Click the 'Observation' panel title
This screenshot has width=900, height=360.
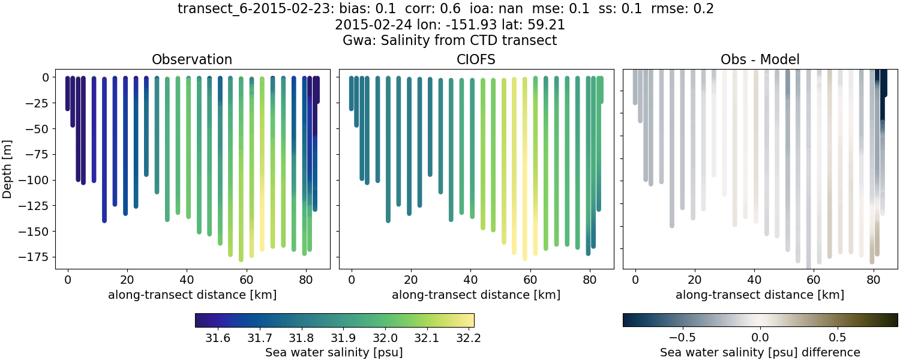(191, 59)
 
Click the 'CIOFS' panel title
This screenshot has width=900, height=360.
(476, 59)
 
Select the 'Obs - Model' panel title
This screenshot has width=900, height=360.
(760, 59)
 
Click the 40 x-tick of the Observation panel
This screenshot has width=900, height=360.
(186, 279)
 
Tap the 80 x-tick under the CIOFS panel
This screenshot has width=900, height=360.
(589, 279)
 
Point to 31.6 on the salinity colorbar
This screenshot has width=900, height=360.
(217, 338)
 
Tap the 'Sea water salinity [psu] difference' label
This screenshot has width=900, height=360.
(760, 352)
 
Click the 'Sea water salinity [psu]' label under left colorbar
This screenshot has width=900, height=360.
(334, 352)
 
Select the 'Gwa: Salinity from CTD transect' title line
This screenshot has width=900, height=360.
(449, 40)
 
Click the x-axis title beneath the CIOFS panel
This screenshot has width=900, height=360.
(476, 295)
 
